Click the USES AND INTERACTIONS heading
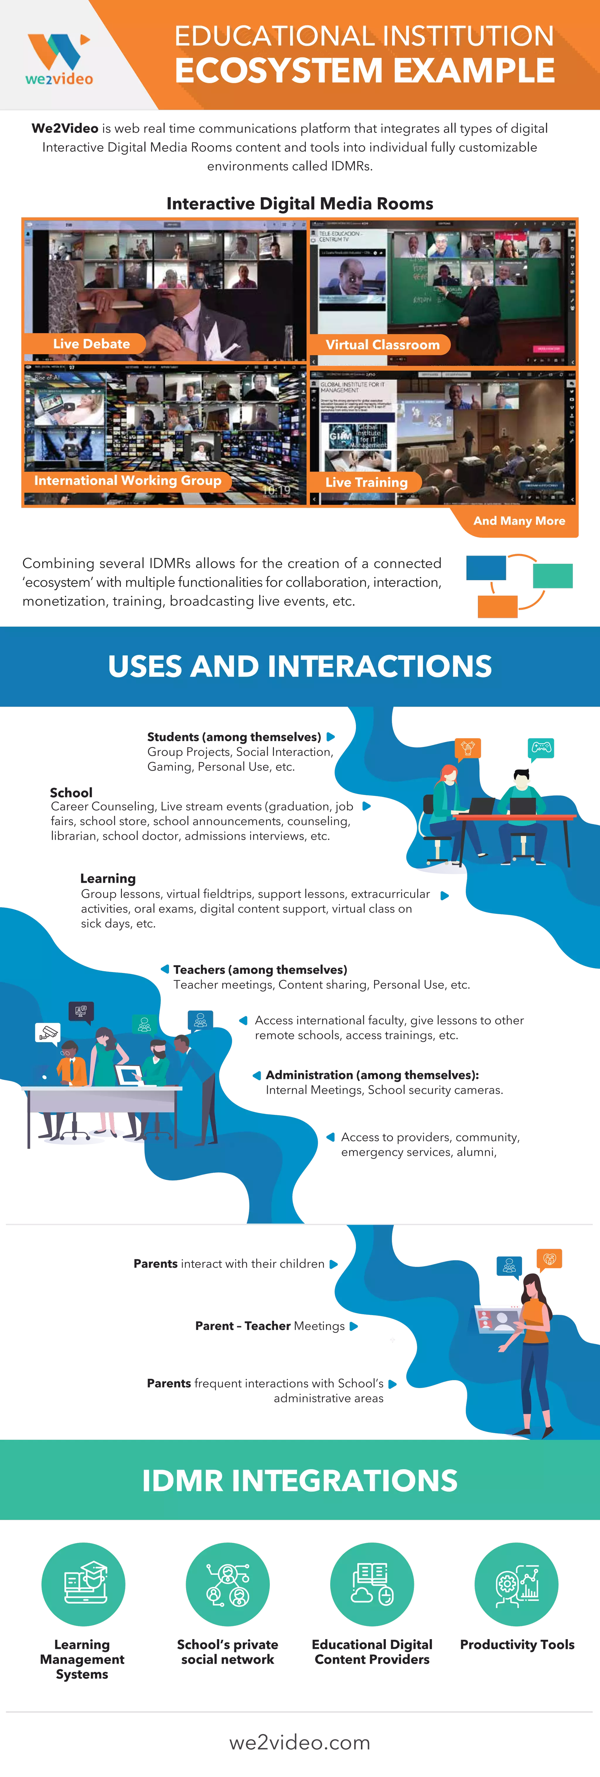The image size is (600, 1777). point(300,666)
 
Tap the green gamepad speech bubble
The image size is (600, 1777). point(541,748)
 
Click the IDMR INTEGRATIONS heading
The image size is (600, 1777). point(300,1480)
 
